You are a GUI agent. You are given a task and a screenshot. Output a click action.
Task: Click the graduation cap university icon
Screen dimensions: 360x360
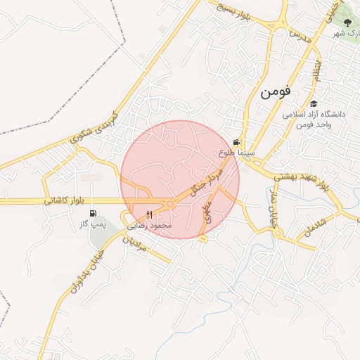tap(314, 103)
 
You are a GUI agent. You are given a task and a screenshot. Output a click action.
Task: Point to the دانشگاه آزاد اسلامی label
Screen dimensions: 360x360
tap(314, 114)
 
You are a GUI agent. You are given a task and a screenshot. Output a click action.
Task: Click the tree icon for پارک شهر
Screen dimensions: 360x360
tap(347, 22)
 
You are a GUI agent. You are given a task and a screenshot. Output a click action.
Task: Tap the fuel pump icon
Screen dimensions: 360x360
tap(94, 214)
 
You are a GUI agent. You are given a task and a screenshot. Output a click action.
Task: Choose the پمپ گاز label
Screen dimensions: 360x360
tap(91, 224)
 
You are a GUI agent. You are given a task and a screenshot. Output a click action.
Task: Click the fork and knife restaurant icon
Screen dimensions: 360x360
tap(149, 214)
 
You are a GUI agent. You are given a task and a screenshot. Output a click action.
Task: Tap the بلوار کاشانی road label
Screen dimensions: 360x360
tap(64, 201)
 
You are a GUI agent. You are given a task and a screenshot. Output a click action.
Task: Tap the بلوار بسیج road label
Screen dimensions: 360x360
tap(234, 11)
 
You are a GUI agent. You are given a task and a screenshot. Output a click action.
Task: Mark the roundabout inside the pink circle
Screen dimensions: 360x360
tap(169, 204)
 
